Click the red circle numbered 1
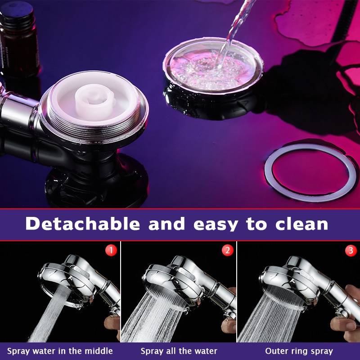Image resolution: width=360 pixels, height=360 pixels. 111,250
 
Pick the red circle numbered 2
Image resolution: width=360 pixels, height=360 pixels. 227,250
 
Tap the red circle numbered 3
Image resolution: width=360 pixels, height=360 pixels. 351,250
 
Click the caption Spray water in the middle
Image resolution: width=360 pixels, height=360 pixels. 60,351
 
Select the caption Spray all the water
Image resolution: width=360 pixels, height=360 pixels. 179,351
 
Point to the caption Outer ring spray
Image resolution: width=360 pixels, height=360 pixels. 299,351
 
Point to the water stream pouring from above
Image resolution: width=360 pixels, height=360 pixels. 234,27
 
